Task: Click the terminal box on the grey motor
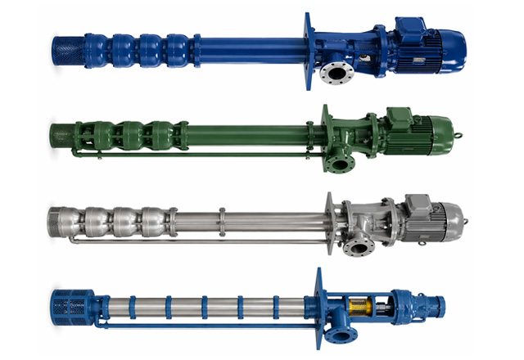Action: pyautogui.click(x=417, y=199)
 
